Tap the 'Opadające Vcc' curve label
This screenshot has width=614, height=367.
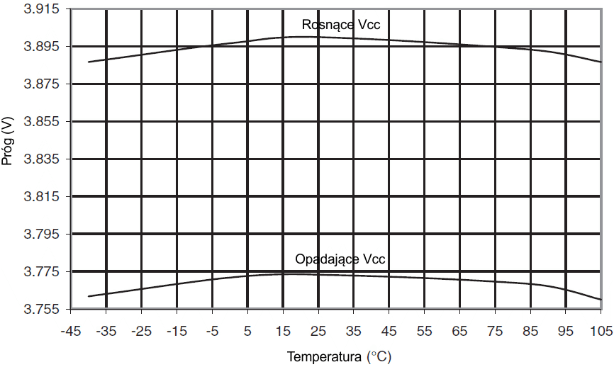(340, 259)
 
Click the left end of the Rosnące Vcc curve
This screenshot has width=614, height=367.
(88, 62)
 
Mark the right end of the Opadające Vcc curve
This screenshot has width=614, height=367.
(601, 300)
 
